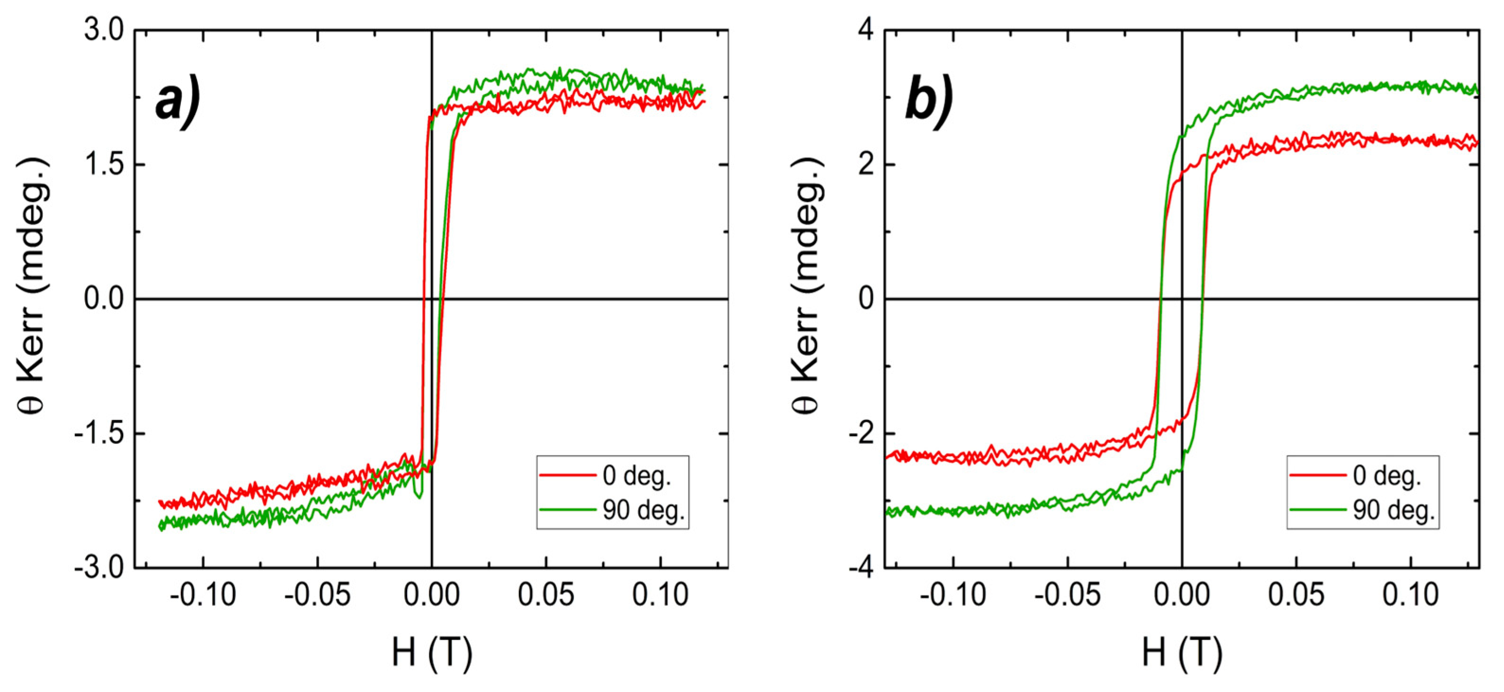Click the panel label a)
tap(178, 103)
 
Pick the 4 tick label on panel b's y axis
tap(866, 30)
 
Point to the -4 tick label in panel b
tap(861, 568)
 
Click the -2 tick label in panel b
tap(861, 434)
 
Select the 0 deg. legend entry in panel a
tap(636, 476)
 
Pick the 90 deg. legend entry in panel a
tap(643, 510)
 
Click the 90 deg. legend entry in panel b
tap(1394, 510)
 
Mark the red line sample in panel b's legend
tap(1317, 475)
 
